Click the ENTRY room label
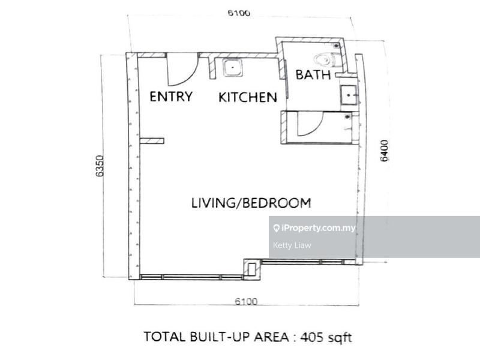coord(172,97)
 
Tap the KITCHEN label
coord(247,97)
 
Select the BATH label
coord(313,75)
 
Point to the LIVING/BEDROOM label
coord(251,203)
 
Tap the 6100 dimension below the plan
coord(245,301)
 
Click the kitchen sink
coord(232,68)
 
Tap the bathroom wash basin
coord(348,95)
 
